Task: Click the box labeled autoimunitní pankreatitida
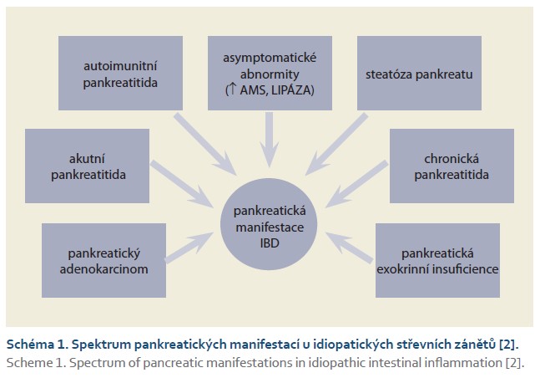click(x=120, y=74)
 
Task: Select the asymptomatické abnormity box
click(x=270, y=74)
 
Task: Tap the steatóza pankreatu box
click(x=419, y=74)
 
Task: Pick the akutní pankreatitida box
click(x=87, y=166)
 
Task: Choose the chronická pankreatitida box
click(x=452, y=166)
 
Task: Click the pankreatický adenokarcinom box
click(x=103, y=260)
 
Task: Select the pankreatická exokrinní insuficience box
click(x=437, y=260)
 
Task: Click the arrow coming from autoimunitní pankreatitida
click(x=205, y=145)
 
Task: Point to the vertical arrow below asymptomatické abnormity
click(x=270, y=140)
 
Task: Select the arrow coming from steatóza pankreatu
click(x=337, y=145)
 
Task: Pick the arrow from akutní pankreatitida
click(x=182, y=184)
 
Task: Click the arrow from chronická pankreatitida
click(x=356, y=184)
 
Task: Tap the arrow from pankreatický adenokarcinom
click(x=189, y=248)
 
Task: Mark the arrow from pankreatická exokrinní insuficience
click(x=349, y=248)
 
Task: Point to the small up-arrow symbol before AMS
click(x=233, y=89)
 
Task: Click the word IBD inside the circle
click(x=270, y=243)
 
